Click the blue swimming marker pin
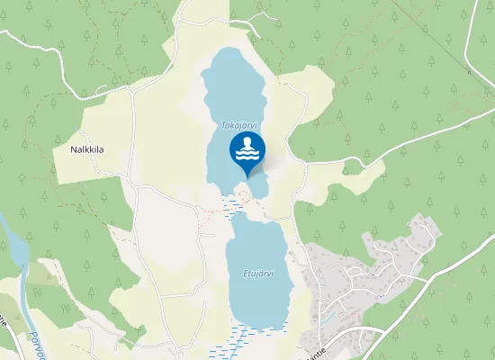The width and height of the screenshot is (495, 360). (x=247, y=151)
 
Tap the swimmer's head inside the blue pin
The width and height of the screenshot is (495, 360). (x=247, y=143)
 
